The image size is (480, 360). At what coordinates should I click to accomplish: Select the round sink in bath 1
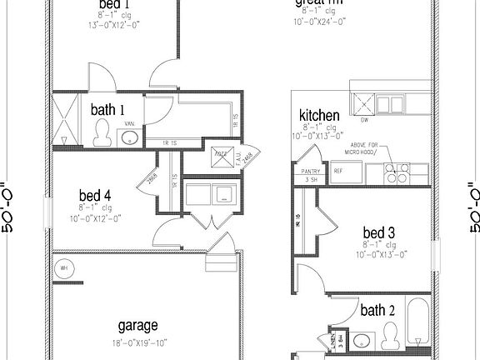click(x=130, y=137)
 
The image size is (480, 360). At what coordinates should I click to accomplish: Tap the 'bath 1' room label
click(x=108, y=109)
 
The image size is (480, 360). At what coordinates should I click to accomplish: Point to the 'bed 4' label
click(x=96, y=197)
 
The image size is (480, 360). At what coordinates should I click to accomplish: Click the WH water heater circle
click(x=64, y=268)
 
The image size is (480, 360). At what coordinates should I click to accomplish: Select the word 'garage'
click(x=137, y=325)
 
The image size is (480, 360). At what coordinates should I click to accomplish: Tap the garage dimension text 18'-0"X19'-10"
click(x=137, y=341)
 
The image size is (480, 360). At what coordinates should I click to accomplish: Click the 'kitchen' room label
click(x=319, y=116)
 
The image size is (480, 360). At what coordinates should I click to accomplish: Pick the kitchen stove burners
click(x=396, y=173)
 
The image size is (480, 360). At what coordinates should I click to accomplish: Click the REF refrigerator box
click(x=338, y=172)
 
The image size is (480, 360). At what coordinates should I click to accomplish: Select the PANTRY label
click(x=311, y=172)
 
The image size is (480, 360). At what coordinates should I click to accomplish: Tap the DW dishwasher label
click(x=364, y=119)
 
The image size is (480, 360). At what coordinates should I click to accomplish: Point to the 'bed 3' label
click(x=378, y=232)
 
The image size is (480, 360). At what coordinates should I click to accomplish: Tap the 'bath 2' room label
click(x=377, y=311)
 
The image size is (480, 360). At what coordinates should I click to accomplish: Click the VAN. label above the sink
click(x=130, y=124)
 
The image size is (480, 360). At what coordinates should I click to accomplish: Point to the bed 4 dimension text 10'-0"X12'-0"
click(x=100, y=218)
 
